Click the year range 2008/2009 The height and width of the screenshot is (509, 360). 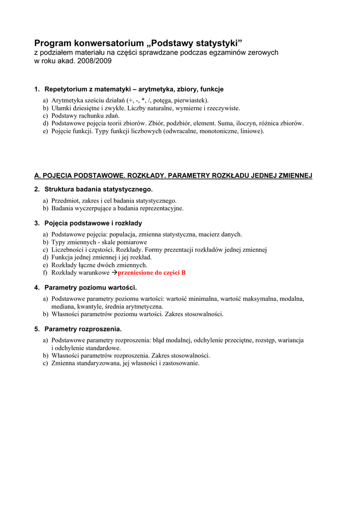[x=93, y=61]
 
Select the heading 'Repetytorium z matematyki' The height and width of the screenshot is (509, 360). [x=88, y=89]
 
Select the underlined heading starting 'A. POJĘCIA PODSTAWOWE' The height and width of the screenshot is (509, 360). [x=173, y=175]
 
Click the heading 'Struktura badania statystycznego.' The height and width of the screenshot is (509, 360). [x=98, y=189]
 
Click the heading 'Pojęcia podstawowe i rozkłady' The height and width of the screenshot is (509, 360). [x=93, y=223]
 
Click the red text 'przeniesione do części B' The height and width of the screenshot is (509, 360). [x=152, y=273]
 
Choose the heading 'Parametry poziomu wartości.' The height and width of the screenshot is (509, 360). [x=90, y=287]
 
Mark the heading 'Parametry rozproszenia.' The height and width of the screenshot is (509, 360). [x=83, y=329]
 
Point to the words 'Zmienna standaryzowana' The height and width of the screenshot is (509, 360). [x=86, y=363]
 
